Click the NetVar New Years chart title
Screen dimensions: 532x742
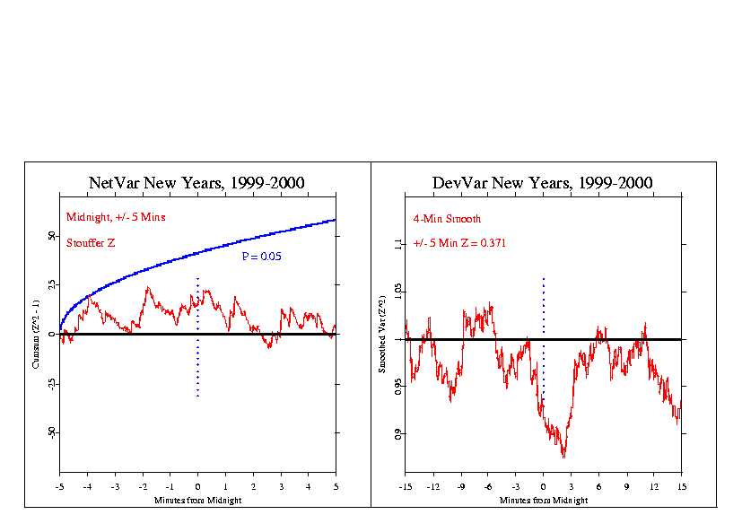click(x=197, y=183)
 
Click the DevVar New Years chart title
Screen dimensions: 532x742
click(x=543, y=183)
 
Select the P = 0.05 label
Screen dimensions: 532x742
click(x=261, y=257)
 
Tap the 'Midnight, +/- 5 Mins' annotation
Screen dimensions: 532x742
click(x=116, y=217)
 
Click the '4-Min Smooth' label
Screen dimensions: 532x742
click(x=447, y=218)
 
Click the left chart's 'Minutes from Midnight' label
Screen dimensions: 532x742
click(x=198, y=499)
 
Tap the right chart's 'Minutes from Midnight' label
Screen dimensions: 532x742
click(x=544, y=500)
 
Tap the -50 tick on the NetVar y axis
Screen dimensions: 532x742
click(x=50, y=432)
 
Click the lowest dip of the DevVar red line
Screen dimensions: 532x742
click(x=563, y=458)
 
